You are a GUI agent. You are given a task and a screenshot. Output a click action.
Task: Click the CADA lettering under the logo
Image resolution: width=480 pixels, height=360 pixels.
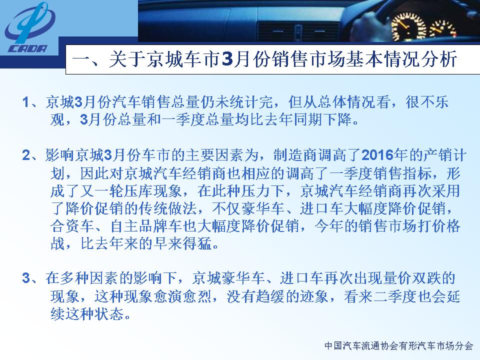click(28, 48)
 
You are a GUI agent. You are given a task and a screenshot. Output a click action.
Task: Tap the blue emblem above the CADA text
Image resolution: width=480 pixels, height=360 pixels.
click(29, 23)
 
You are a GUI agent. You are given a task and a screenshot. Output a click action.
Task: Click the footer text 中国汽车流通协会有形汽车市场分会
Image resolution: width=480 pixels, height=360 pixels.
click(398, 345)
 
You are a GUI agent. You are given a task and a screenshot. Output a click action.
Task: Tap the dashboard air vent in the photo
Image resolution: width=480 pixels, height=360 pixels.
click(298, 31)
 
